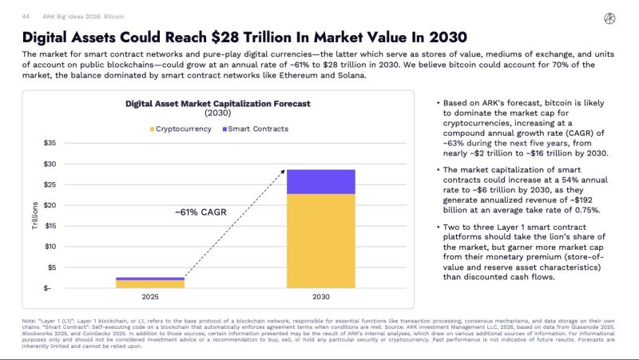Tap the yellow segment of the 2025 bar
click(x=138, y=283)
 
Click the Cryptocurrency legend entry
click(x=181, y=128)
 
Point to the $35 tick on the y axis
click(x=49, y=143)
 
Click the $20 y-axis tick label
click(x=49, y=205)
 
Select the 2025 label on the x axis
click(x=138, y=298)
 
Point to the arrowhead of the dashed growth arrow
click(x=284, y=171)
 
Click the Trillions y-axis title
click(x=34, y=216)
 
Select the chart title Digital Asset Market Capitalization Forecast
click(x=217, y=104)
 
